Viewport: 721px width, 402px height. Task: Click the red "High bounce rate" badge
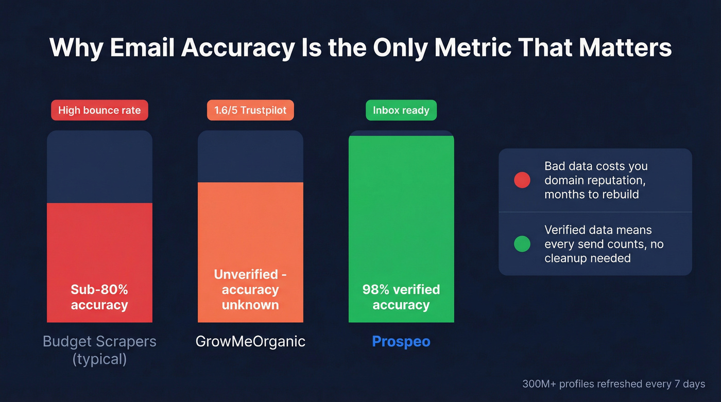99,111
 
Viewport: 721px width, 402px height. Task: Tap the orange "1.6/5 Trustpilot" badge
250,111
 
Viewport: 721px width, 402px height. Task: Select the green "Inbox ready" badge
401,111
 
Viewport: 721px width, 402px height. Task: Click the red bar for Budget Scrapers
99,247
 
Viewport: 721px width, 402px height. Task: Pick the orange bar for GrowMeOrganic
250,226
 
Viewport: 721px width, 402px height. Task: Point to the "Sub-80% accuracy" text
99,297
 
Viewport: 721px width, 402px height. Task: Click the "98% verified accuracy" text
401,297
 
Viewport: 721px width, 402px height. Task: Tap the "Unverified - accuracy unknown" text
250,289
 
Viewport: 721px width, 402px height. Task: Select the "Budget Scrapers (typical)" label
99,349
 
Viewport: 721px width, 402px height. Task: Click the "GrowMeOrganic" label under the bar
250,341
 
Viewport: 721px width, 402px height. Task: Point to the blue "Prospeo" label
401,341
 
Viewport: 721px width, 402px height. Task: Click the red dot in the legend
522,180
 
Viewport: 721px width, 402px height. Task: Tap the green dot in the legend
522,244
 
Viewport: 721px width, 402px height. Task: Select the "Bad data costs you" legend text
596,166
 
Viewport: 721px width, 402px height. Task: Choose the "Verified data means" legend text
598,230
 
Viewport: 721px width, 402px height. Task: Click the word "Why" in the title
76,47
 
